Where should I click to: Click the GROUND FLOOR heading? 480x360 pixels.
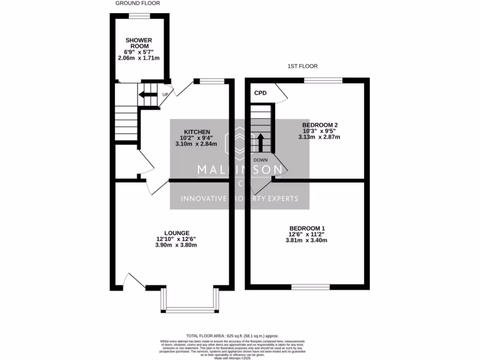(137, 3)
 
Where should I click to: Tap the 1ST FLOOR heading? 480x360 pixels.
(300, 67)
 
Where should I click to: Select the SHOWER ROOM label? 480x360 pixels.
(139, 44)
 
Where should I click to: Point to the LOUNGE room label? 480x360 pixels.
(177, 233)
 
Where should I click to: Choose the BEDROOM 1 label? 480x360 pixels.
(306, 228)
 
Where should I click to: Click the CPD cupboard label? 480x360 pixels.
(260, 93)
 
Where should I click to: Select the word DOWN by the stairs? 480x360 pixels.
(261, 160)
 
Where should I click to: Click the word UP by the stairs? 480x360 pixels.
(165, 95)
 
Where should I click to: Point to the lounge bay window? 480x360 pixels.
(190, 309)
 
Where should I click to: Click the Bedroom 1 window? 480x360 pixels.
(310, 286)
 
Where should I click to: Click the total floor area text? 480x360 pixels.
(232, 336)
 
